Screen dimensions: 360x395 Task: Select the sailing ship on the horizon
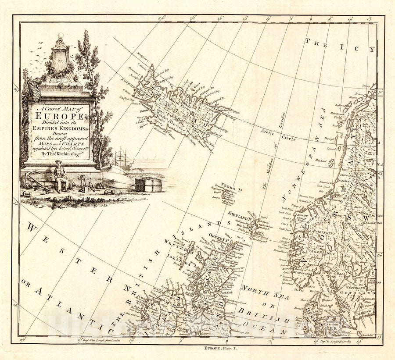tap(122, 158)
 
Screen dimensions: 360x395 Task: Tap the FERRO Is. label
tap(230, 185)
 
